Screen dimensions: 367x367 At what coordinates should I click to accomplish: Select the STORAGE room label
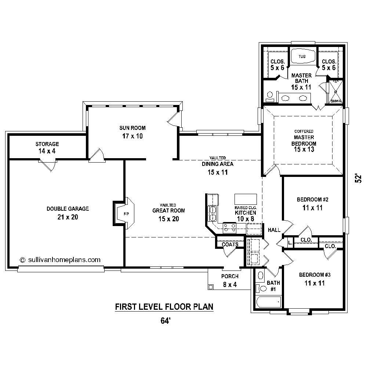47,144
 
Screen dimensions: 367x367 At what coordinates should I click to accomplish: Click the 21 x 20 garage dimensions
68,217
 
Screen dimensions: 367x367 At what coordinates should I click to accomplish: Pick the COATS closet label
230,244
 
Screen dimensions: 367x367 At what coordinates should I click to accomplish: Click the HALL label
274,230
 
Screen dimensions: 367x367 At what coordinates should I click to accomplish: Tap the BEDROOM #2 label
312,200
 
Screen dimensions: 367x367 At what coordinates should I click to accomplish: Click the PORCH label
230,276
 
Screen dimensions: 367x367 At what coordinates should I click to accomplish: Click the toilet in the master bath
270,96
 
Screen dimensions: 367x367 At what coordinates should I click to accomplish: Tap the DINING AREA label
217,164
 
